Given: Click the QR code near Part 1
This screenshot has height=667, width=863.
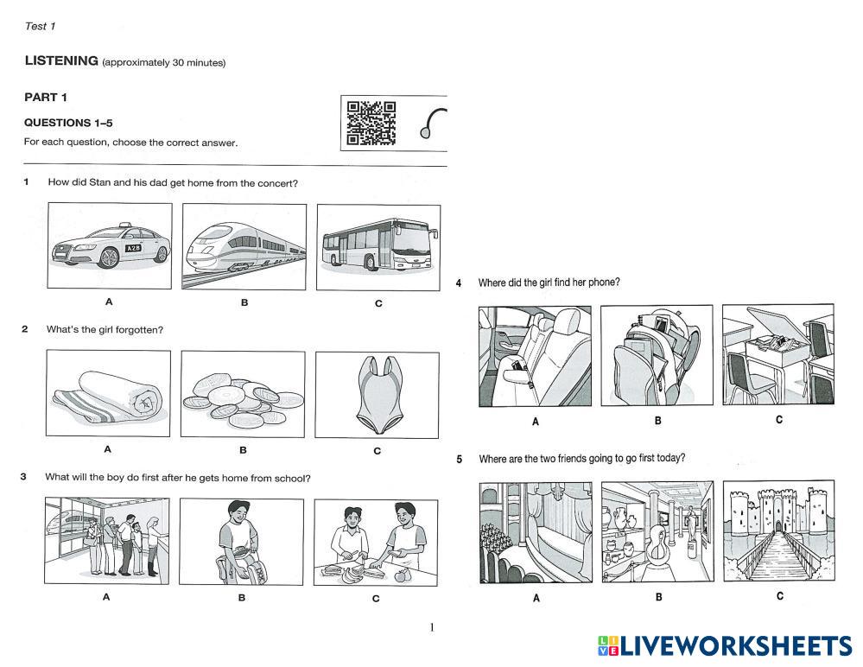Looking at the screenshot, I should tap(371, 123).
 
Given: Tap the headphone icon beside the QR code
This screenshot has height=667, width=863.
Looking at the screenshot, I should tap(434, 124).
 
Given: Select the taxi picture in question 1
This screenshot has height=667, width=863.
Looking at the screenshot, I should tap(110, 245).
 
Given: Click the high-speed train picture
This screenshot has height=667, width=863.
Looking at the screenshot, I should tap(244, 246).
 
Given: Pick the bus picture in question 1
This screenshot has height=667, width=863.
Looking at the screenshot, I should tap(378, 247).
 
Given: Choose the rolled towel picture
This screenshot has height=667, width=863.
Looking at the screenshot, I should tap(108, 393).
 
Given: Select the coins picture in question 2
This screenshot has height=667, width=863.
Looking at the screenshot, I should tap(243, 393).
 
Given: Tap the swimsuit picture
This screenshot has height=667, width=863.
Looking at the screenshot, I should tap(378, 394).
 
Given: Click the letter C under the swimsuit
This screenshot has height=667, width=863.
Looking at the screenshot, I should tap(377, 451).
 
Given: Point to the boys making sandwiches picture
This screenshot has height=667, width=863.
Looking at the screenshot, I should tap(376, 543).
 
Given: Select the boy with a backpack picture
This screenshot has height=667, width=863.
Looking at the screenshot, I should tap(241, 542).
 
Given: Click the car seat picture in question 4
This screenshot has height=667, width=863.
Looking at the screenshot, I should tap(535, 355).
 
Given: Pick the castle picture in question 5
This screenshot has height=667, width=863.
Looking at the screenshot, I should tap(778, 530).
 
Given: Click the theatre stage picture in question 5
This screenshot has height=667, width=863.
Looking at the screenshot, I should tap(535, 532).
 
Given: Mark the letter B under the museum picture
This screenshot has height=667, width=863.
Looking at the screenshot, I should tap(658, 597).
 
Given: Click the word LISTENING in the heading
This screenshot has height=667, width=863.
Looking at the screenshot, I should tap(61, 60).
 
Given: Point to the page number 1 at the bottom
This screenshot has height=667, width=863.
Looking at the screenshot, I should tap(432, 627).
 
